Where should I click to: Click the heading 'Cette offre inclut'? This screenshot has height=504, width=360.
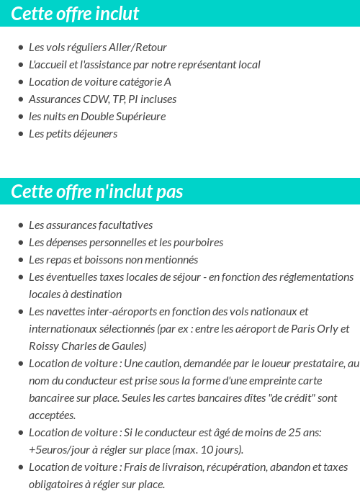click(x=75, y=14)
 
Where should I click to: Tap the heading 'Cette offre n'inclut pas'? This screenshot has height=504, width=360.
click(x=97, y=192)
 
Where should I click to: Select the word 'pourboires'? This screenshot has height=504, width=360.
click(x=197, y=243)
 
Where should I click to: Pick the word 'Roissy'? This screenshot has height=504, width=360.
click(x=43, y=346)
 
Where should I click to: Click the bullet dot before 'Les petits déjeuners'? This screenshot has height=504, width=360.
click(x=21, y=135)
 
